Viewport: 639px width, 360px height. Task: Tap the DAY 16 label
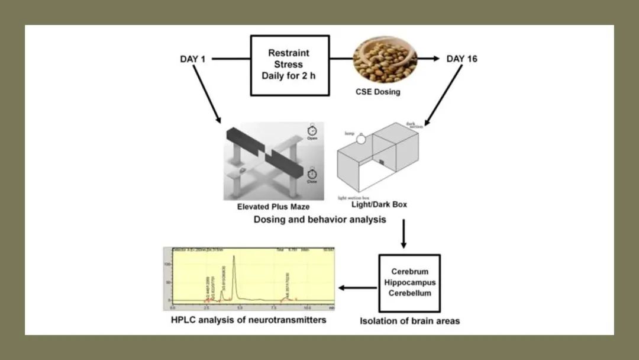pos(462,59)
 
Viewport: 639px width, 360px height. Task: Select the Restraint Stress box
pos(289,65)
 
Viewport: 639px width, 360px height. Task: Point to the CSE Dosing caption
pos(377,92)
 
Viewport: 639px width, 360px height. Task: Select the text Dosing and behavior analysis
pos(320,220)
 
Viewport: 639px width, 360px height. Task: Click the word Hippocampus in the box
pos(409,282)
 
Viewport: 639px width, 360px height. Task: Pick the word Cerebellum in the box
pos(409,293)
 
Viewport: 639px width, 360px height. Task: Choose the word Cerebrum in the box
pos(409,272)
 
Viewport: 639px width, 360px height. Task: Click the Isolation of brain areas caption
pos(410,322)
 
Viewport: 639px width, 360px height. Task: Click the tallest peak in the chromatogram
pos(234,257)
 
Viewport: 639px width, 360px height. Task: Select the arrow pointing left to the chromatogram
pos(358,288)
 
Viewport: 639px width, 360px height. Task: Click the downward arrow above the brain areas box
pos(404,233)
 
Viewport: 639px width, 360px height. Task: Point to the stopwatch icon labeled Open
pos(312,129)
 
